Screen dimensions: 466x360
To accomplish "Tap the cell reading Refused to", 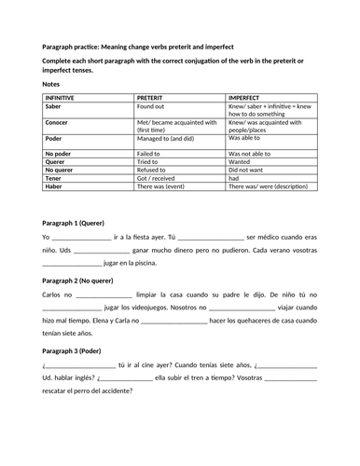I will tap(154, 171).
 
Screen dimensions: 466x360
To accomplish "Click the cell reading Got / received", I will tap(158, 180).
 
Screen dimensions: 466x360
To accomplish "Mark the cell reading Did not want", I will tap(249, 171).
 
